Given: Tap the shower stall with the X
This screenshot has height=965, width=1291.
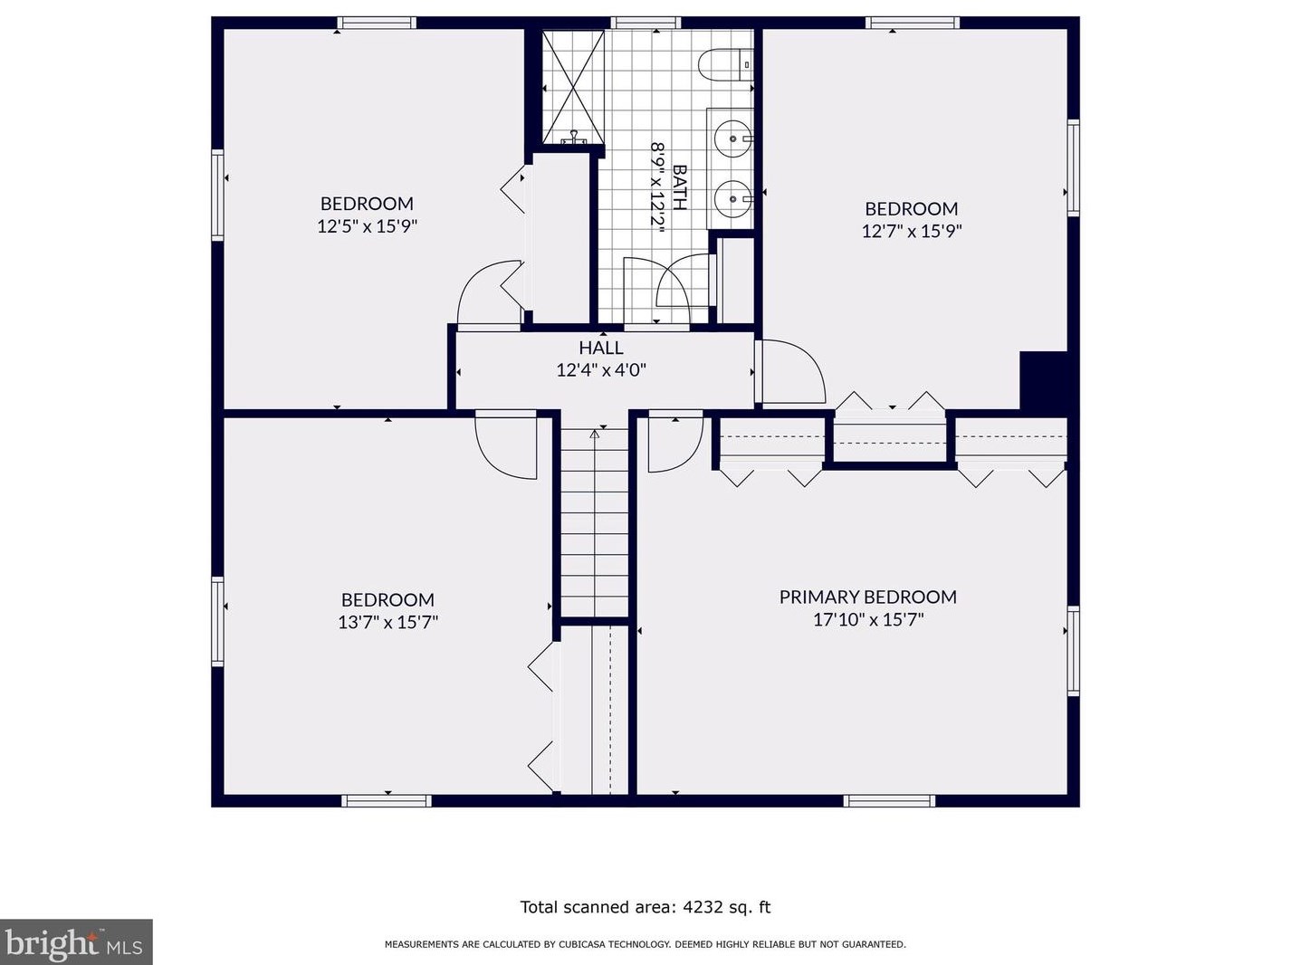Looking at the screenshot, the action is pyautogui.click(x=573, y=87).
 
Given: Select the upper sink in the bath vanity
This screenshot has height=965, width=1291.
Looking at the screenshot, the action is pyautogui.click(x=732, y=139).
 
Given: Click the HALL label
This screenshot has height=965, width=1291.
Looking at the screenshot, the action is pyautogui.click(x=600, y=348).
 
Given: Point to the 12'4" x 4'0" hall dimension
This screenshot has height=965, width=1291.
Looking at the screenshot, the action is pyautogui.click(x=601, y=370).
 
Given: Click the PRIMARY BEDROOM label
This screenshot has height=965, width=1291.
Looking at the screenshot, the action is pyautogui.click(x=867, y=597).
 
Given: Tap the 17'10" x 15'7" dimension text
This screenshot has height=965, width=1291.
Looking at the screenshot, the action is pyautogui.click(x=868, y=619).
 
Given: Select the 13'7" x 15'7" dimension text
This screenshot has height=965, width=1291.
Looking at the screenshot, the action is pyautogui.click(x=387, y=622).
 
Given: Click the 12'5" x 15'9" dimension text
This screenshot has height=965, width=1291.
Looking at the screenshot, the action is pyautogui.click(x=367, y=225).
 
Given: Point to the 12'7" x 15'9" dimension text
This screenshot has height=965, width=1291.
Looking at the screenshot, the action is pyautogui.click(x=911, y=231).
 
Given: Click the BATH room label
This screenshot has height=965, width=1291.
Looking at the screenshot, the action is pyautogui.click(x=679, y=187).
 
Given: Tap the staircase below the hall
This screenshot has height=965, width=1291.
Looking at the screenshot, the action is pyautogui.click(x=594, y=522).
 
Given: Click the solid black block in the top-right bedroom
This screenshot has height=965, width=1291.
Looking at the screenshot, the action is pyautogui.click(x=1043, y=380).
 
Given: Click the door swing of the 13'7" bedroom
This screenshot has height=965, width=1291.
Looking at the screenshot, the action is pyautogui.click(x=506, y=448).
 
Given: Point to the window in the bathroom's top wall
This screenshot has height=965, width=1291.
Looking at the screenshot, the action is pyautogui.click(x=645, y=23).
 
